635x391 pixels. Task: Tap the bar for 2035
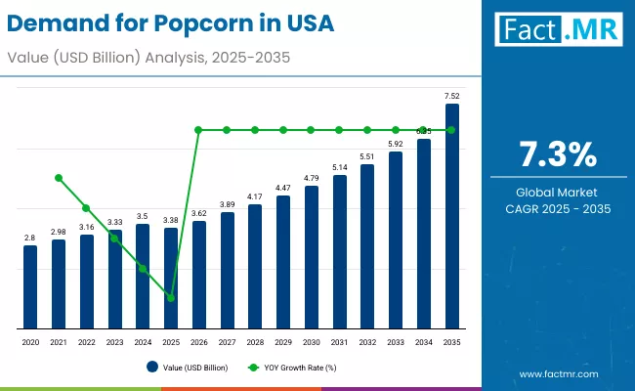tap(452, 216)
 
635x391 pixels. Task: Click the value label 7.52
tap(452, 96)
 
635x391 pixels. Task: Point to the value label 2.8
tap(30, 238)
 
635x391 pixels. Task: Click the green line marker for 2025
tap(171, 298)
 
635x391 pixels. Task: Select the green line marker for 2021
tap(59, 178)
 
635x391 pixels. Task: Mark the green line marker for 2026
tap(199, 130)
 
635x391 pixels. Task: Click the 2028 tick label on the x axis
tap(255, 343)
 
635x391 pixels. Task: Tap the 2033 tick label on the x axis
tap(396, 343)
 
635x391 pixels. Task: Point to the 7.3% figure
tap(557, 154)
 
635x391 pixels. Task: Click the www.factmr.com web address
tap(559, 373)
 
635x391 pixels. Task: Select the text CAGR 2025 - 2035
tap(557, 208)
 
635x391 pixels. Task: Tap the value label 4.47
tap(283, 188)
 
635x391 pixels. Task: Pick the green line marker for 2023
tap(115, 239)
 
